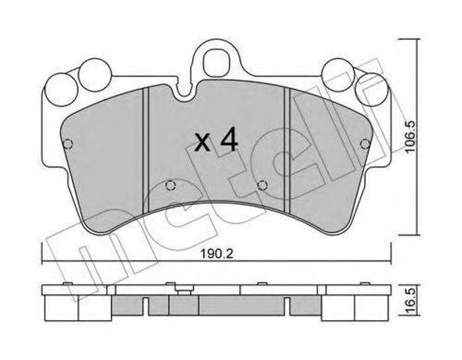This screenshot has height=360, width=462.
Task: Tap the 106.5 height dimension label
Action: tap(411, 136)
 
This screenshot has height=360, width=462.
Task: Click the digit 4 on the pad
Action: tap(229, 139)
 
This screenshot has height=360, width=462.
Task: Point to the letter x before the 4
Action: tap(203, 143)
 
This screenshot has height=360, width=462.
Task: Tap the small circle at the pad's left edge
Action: tap(68, 144)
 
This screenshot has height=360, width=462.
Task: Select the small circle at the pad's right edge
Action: tap(365, 144)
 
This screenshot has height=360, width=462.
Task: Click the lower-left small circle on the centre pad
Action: tap(170, 185)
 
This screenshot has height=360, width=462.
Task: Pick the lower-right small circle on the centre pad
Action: tap(262, 185)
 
